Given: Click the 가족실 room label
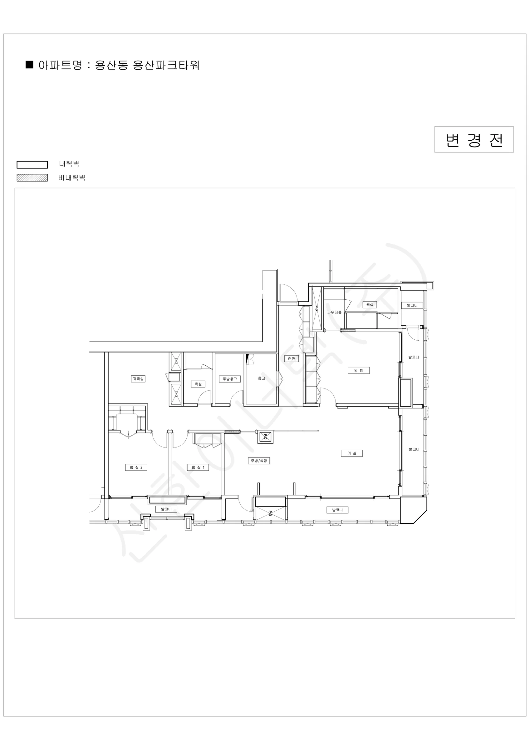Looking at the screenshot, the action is point(138,379).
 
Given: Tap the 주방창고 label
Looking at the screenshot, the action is point(230,379).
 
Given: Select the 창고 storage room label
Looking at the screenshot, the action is point(261,378).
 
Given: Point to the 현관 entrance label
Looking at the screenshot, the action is point(292,359).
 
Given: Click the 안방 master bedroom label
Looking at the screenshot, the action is point(359,370).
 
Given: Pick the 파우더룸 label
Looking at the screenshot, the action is point(335,312).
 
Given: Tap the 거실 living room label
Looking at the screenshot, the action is point(352,453).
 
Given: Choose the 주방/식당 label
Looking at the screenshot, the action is point(259,461).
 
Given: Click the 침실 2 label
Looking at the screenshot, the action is point(136,467).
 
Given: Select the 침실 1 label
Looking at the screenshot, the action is point(198,467).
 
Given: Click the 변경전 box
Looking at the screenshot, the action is point(474,139).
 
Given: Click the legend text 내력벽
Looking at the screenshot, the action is point(69,164).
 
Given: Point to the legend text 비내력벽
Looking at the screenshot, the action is point(72,178).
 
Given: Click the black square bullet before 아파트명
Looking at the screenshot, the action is point(29,65).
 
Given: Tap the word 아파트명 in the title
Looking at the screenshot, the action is point(60,65).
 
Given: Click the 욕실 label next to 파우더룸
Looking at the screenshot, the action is point(370,304).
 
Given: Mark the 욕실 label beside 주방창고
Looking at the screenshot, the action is point(198,384).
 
